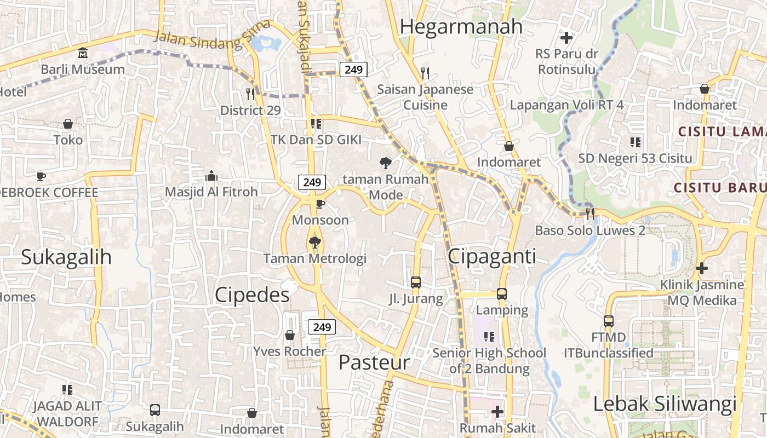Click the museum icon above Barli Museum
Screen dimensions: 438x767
click(83, 53)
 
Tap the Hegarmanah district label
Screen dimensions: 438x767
click(461, 26)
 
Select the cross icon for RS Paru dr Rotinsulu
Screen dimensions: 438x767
click(566, 38)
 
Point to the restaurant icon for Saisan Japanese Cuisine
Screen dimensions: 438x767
click(425, 72)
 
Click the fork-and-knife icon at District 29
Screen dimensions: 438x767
click(250, 94)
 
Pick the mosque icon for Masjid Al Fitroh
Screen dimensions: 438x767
click(211, 176)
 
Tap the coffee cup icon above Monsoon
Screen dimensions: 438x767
click(320, 204)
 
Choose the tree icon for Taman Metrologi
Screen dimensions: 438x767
click(314, 242)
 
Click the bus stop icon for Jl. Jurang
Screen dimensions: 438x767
click(416, 283)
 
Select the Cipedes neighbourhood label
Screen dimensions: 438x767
click(252, 295)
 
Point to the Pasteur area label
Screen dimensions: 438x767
click(374, 362)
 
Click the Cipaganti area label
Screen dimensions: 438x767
click(492, 256)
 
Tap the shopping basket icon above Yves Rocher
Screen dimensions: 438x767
click(290, 335)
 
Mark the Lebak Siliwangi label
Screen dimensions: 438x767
click(665, 405)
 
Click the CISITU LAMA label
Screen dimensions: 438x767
click(722, 131)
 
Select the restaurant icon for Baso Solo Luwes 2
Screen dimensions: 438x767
click(590, 214)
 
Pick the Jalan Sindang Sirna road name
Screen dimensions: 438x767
click(213, 36)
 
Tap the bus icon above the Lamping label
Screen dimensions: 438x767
click(502, 293)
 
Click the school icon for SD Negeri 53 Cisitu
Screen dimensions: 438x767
click(636, 142)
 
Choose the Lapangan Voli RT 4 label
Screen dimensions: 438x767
click(566, 105)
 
